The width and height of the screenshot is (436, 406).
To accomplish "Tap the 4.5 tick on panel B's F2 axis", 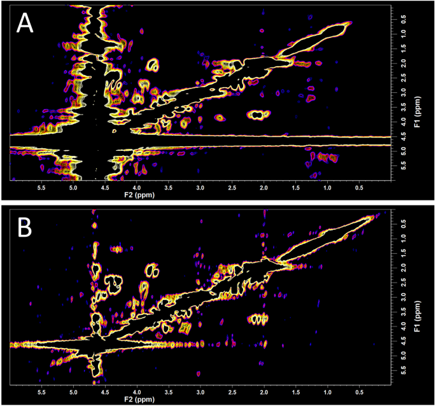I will pos(104,393).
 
